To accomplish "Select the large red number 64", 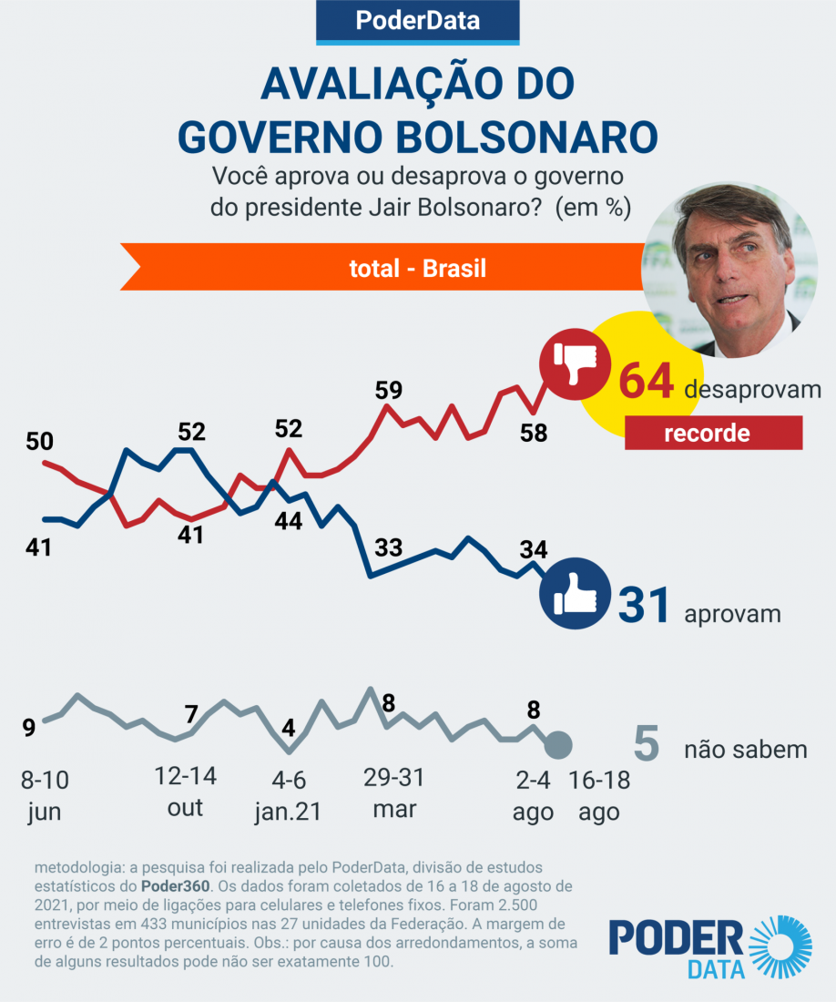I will [646, 382].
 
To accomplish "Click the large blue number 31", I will [645, 606].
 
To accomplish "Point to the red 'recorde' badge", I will [713, 433].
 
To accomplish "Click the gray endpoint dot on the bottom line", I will [557, 746].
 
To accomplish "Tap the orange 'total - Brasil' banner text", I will [418, 269].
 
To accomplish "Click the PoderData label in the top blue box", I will [417, 21].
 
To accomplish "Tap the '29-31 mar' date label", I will [393, 792].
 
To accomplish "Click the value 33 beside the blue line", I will [389, 548].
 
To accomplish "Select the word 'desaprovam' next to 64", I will [752, 389].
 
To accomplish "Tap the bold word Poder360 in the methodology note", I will [175, 885].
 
